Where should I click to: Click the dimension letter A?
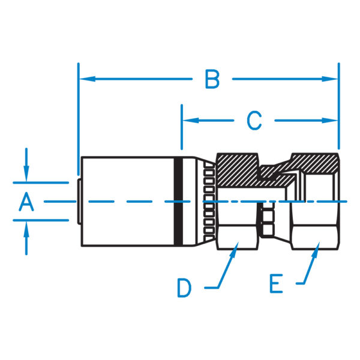pos(26,202)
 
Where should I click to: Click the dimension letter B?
pos(211,79)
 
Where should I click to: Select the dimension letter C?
pos(255,121)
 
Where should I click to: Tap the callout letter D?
pos(184,289)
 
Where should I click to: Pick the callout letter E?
pos(276,284)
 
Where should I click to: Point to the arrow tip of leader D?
pos(235,253)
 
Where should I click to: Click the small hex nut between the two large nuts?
pos(266,220)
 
